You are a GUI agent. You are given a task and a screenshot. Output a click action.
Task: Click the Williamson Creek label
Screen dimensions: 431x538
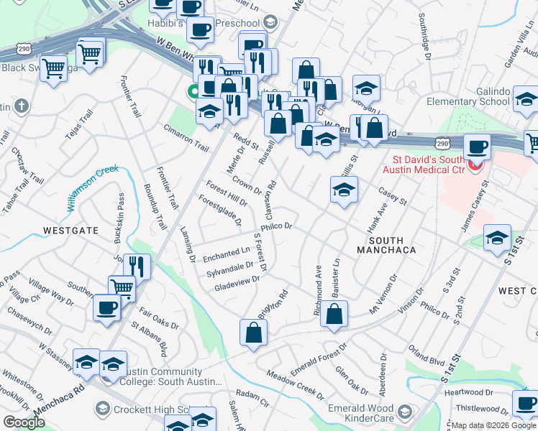click(93, 187)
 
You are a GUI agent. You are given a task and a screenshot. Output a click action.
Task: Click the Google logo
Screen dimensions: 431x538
click(24, 422)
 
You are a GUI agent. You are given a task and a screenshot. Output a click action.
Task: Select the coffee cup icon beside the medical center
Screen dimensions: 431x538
click(478, 147)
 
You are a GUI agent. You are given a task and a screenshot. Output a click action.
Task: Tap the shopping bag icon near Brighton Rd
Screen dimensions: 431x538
click(253, 333)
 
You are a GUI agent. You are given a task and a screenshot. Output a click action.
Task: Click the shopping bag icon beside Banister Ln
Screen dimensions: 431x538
click(334, 315)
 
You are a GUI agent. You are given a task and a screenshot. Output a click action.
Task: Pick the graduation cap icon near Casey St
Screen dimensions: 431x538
click(344, 191)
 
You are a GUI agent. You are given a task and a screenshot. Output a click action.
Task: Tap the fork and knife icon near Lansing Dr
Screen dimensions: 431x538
click(137, 267)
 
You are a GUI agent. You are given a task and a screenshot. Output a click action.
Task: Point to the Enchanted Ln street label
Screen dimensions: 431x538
click(225, 254)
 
